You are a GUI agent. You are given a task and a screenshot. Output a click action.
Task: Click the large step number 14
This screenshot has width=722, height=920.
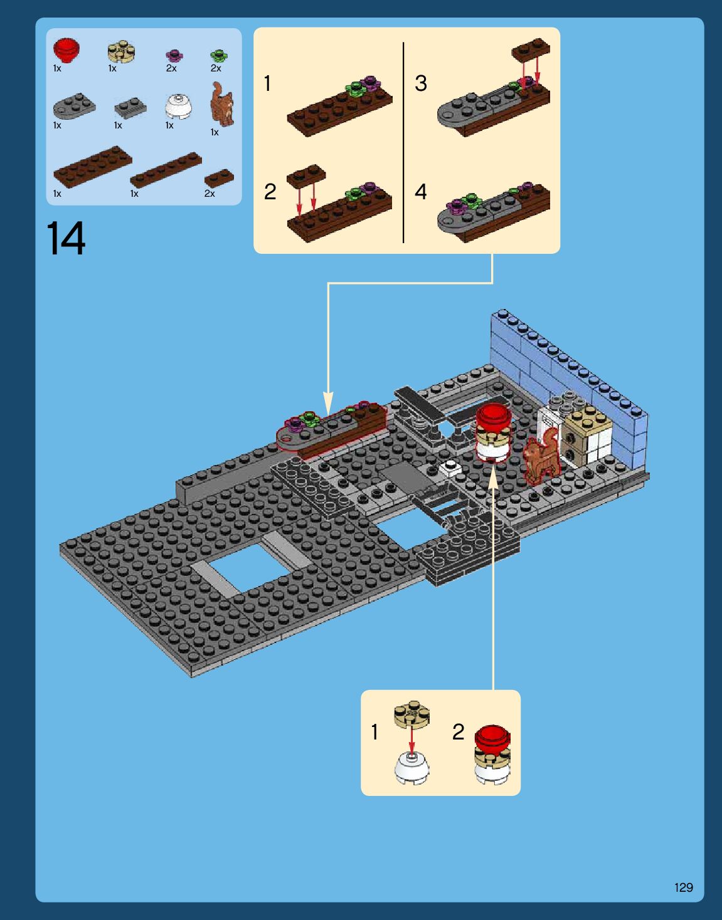point(66,238)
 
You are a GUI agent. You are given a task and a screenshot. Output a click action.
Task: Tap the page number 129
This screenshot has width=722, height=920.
point(684,887)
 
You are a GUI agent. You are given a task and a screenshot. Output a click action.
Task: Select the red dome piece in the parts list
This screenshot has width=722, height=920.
point(66,50)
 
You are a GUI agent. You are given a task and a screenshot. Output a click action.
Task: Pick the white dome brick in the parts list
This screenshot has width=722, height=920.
point(178,107)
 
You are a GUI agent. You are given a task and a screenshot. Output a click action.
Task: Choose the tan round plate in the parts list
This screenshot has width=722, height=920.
point(121,51)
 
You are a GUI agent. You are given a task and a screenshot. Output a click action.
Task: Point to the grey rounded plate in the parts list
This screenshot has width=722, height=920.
point(74,106)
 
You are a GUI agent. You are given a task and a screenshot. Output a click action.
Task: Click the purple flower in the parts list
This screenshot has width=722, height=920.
point(174,55)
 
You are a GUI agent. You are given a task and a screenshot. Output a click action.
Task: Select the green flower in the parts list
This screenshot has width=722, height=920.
point(219,55)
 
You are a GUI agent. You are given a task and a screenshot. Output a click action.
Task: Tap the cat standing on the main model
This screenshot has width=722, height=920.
point(541,458)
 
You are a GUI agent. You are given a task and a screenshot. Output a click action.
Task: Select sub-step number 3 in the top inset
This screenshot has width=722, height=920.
point(421,83)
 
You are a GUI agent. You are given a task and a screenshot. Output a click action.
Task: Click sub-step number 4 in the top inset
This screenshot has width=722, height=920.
point(421,192)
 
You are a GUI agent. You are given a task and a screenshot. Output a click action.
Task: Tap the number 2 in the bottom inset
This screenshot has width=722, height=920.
point(458,732)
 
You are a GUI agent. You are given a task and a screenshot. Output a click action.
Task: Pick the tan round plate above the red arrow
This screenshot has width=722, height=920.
point(412,714)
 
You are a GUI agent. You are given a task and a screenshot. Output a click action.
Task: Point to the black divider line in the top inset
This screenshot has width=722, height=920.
point(403,142)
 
